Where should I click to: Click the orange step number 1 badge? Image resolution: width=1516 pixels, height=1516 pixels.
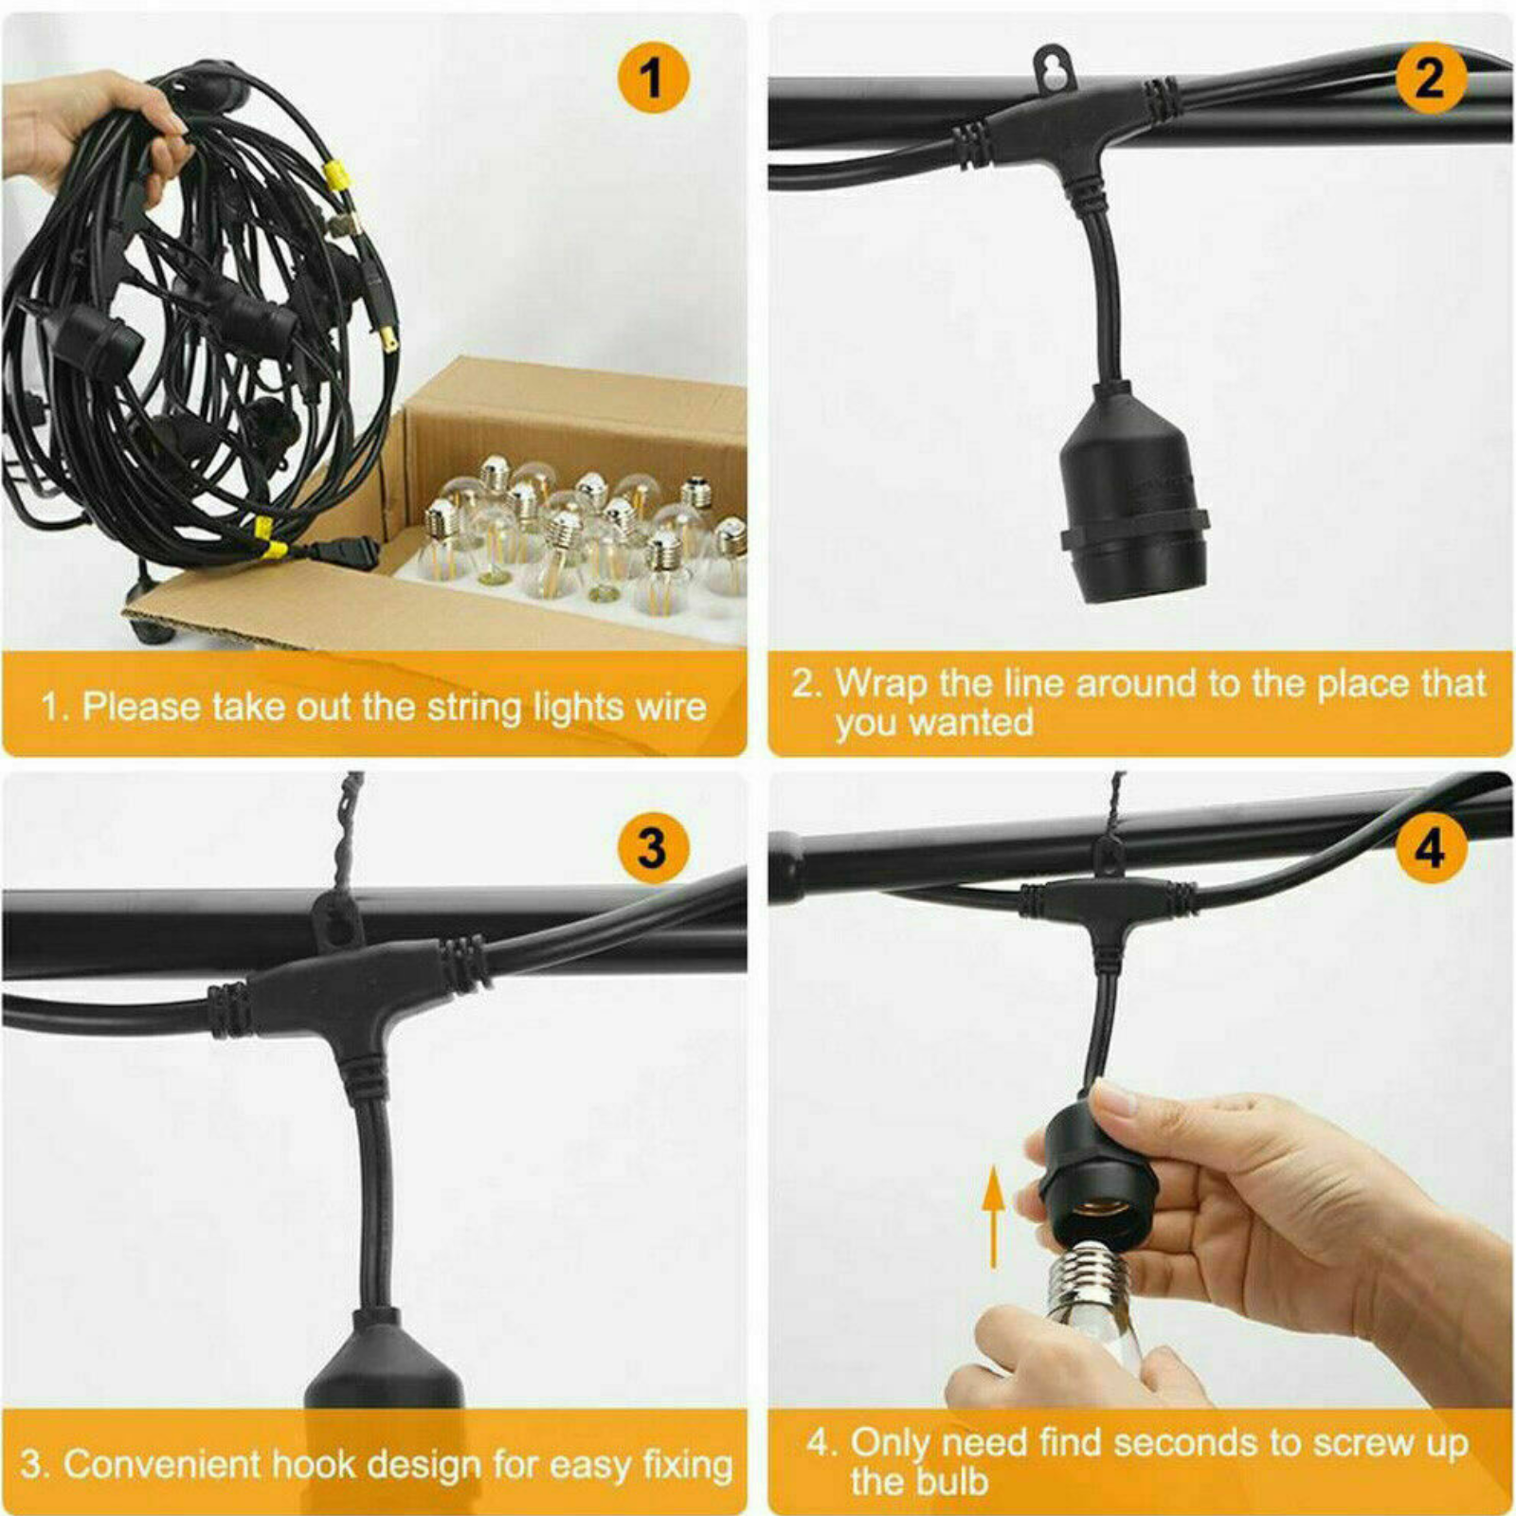[x=652, y=79]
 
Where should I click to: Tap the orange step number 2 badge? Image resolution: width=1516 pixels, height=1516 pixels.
[x=1431, y=79]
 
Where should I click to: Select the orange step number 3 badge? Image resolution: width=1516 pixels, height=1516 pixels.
[x=652, y=847]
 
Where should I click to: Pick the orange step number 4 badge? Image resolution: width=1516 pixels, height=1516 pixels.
[x=1431, y=847]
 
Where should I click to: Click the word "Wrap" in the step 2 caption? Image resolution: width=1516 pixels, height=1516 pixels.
[x=881, y=684]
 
